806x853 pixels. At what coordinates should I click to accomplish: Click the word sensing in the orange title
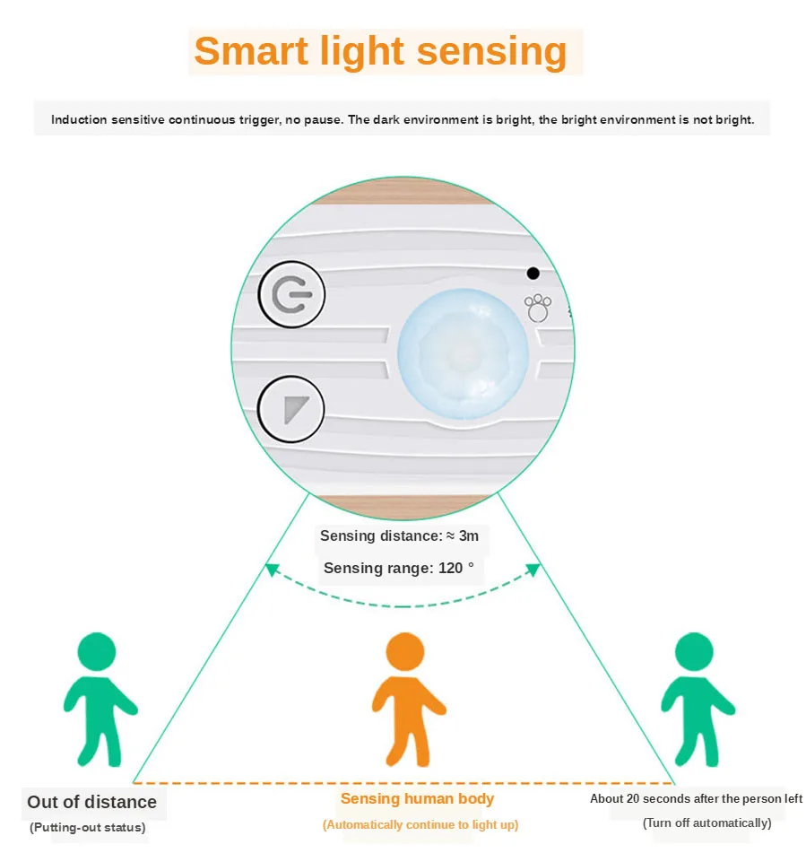(491, 52)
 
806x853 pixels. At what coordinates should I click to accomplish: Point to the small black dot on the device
(533, 273)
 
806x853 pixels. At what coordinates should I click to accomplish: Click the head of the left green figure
(96, 651)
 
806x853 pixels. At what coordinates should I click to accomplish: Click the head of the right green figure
(694, 650)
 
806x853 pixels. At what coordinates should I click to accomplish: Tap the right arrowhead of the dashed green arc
(533, 569)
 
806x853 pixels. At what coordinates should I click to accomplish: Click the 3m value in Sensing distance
(468, 536)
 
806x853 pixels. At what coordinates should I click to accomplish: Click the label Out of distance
(91, 802)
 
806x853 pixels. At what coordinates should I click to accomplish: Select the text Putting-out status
(87, 827)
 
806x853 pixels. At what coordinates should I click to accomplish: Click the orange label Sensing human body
(417, 798)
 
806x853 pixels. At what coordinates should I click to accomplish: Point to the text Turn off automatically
(706, 823)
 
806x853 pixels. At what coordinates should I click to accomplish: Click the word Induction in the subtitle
(79, 119)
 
